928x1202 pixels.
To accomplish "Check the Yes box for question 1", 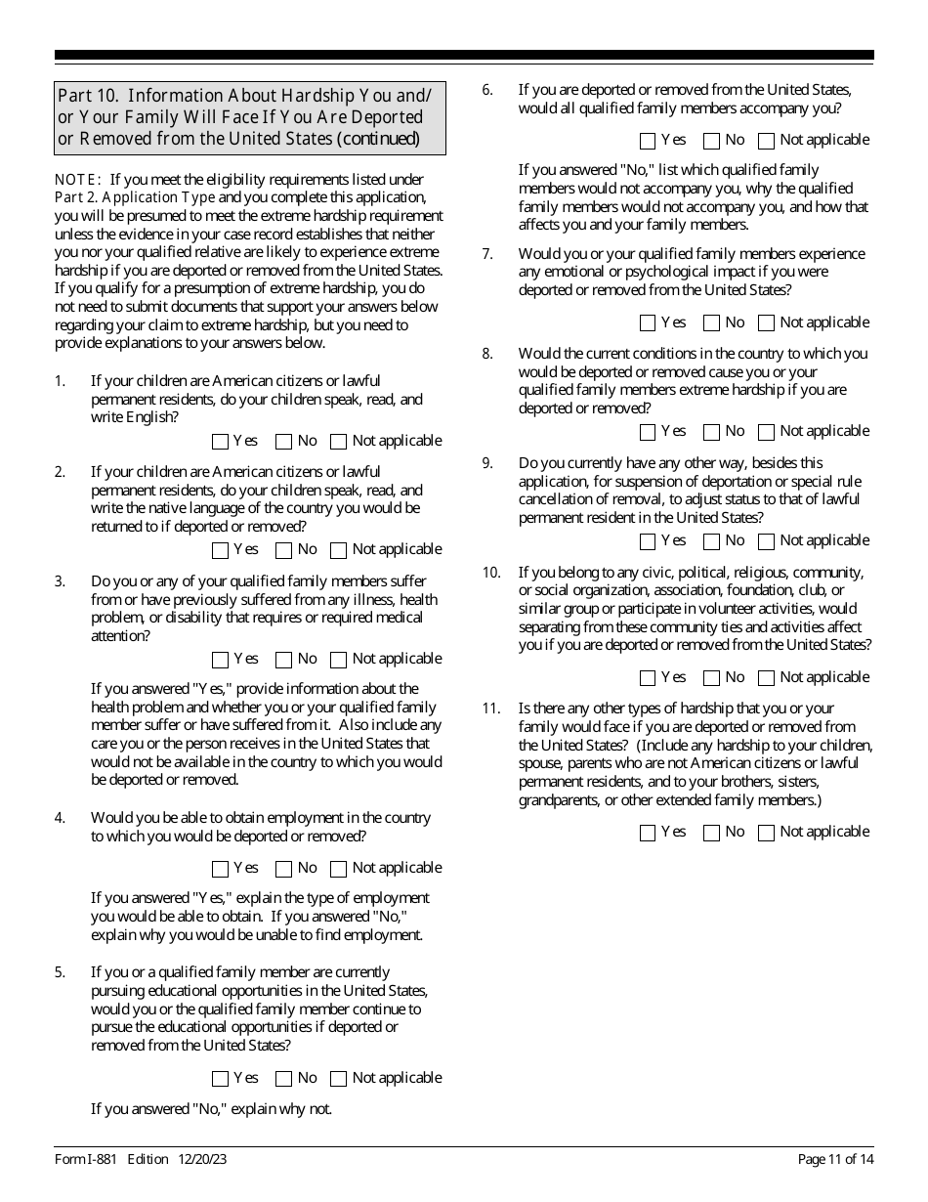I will point(220,442).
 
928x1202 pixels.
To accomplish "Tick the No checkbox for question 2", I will point(284,550).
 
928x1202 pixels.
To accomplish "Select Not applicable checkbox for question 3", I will point(339,660).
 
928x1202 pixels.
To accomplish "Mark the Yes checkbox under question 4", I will point(220,869).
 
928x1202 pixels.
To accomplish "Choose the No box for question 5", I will point(284,1079).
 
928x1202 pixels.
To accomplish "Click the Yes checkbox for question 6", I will point(648,141).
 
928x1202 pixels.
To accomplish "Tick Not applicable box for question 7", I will point(767,323).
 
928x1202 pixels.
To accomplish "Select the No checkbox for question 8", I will point(712,432).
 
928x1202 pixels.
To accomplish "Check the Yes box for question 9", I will point(648,541).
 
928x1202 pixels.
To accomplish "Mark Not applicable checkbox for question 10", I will point(767,678).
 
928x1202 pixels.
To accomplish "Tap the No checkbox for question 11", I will point(712,833).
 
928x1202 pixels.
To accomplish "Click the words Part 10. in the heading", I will point(89,96).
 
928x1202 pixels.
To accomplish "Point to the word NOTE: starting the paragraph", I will point(77,180).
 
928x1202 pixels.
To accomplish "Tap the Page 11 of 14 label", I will point(835,1159).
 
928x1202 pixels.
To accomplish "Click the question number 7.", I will point(487,254).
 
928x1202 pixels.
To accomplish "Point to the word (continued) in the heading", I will point(378,139).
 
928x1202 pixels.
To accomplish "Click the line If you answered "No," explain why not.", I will point(211,1108).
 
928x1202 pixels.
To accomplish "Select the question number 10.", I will point(490,573).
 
